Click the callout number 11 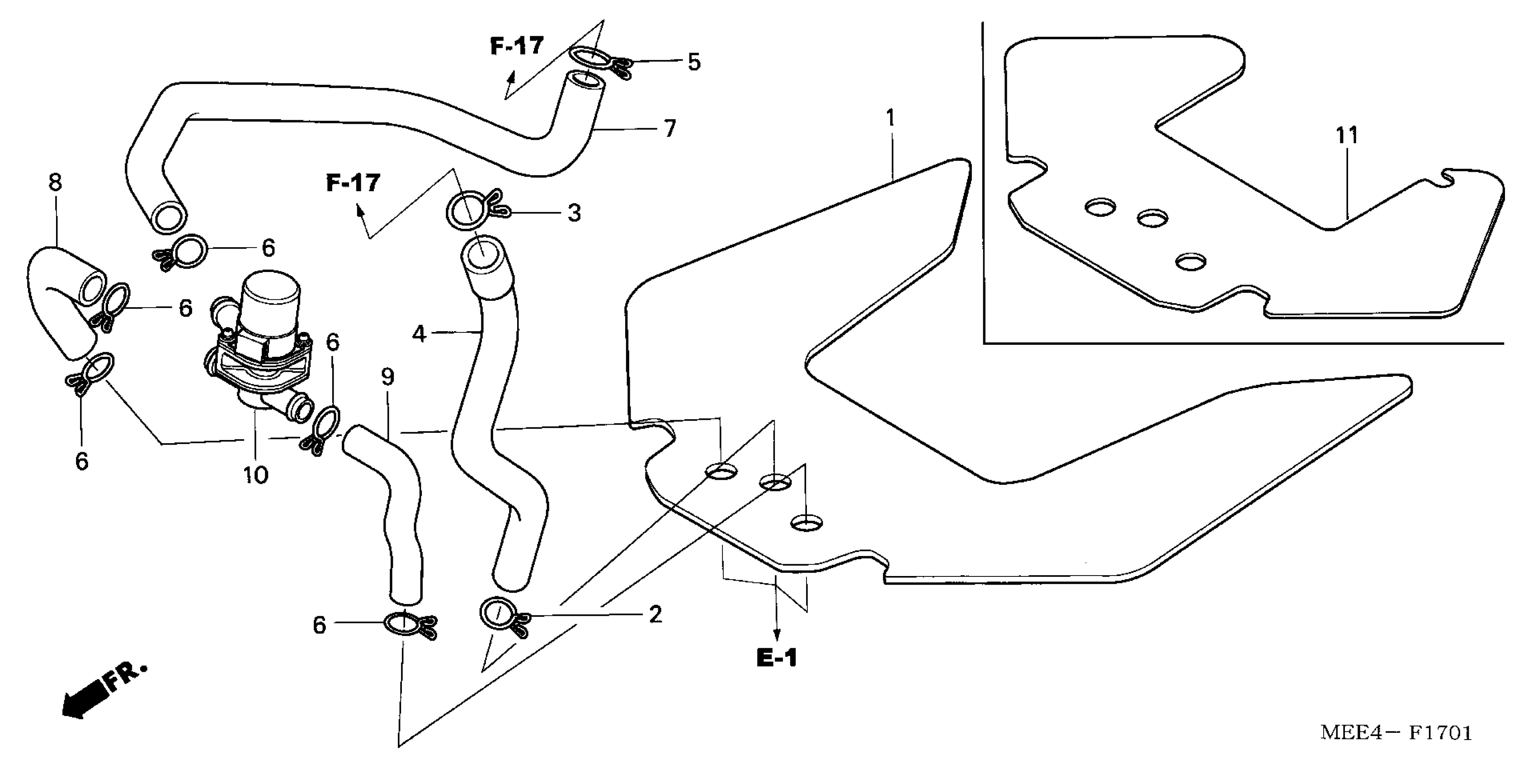coord(1347,136)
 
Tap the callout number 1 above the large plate coord(890,119)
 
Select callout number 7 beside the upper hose coord(669,128)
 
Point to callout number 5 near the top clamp coord(693,61)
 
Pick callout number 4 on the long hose coord(420,334)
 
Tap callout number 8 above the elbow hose coord(55,183)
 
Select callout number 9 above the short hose coord(388,377)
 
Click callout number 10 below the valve coord(255,475)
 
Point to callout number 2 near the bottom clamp coord(655,614)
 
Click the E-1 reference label coord(776,658)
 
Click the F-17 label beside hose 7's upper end coord(517,46)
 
